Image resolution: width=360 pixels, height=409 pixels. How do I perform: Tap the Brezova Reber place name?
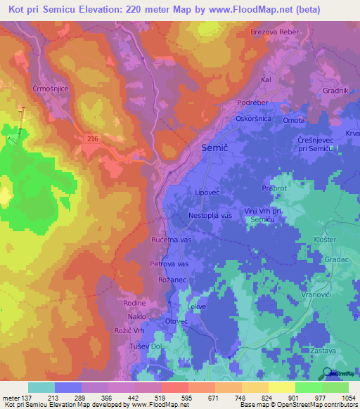coord(275,32)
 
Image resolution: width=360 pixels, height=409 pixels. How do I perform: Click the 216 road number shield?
coord(94,139)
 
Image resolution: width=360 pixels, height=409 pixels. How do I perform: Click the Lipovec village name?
coord(208,191)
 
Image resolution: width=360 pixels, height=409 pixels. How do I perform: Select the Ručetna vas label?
coord(172,240)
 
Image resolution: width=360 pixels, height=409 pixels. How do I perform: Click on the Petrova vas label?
coord(169,264)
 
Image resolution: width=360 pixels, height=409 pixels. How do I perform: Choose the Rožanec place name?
coord(169,280)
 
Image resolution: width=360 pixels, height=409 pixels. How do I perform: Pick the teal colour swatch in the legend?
coord(41,387)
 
